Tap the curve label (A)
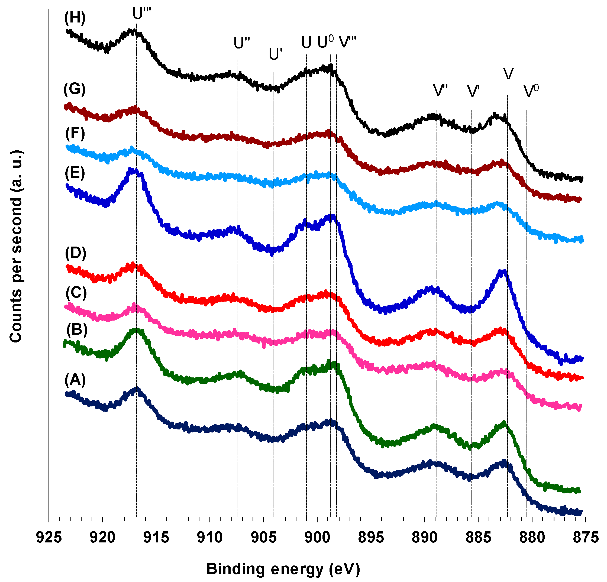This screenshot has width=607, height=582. pyautogui.click(x=75, y=380)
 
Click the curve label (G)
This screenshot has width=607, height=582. pyautogui.click(x=74, y=89)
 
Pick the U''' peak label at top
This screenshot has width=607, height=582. pyautogui.click(x=141, y=14)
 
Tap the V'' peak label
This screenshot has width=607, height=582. pyautogui.click(x=440, y=91)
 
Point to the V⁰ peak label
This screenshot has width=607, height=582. pyautogui.click(x=531, y=91)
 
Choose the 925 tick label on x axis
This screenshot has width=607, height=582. pyautogui.click(x=49, y=537)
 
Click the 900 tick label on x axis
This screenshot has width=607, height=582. pyautogui.click(x=317, y=537)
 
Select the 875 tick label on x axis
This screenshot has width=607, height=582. pyautogui.click(x=585, y=537)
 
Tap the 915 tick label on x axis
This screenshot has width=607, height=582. pyautogui.click(x=156, y=537)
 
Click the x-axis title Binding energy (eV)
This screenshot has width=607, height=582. pyautogui.click(x=283, y=569)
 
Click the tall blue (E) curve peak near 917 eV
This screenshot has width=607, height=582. pyautogui.click(x=133, y=171)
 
